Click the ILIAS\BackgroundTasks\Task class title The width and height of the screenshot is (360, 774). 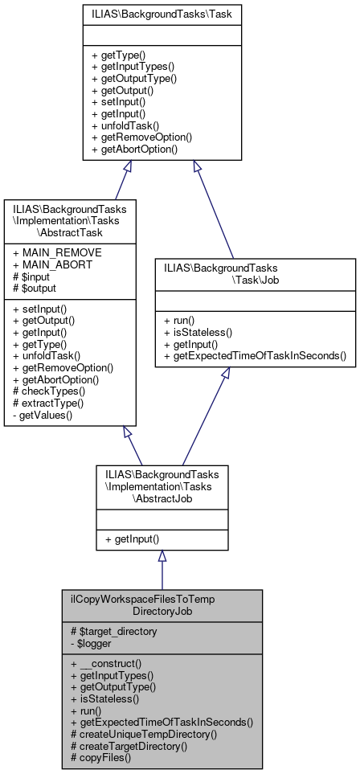coord(162,14)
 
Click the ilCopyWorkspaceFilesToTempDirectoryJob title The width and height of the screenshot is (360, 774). coord(162,605)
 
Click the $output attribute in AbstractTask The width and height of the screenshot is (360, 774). coord(35,287)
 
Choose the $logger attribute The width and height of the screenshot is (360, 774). coord(95,643)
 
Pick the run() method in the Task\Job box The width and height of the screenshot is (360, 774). coord(183,319)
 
